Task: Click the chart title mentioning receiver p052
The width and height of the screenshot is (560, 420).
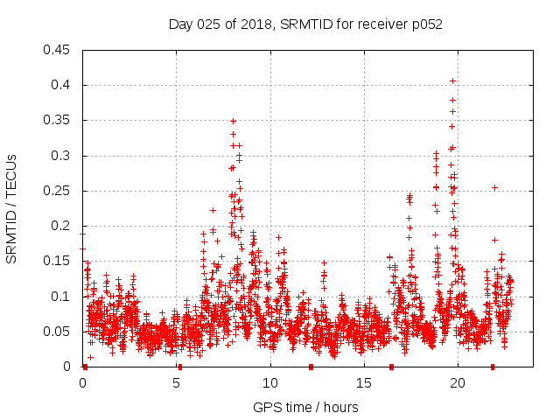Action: coord(305,24)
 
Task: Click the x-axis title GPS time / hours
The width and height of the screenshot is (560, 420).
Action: coord(305,407)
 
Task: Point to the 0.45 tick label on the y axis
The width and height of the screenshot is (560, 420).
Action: coord(59,50)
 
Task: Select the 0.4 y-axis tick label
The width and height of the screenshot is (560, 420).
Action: coord(63,85)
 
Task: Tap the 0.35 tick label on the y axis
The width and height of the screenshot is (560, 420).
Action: coord(59,121)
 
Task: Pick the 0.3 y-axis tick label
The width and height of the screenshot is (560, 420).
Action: coord(63,156)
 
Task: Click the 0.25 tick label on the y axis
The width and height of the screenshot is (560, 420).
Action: coord(59,191)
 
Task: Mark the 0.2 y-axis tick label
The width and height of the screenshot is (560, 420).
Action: coord(63,226)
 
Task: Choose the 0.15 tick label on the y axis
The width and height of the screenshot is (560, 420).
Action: coord(59,262)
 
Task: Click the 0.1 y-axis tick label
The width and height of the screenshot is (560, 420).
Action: coord(63,297)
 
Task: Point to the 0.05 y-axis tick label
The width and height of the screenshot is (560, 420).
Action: coord(59,332)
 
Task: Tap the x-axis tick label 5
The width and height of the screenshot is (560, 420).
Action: coord(177,383)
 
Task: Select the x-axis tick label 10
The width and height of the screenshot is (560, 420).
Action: coord(270,383)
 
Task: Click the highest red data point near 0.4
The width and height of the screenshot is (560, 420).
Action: coord(452,80)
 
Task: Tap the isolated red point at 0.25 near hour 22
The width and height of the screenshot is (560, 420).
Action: coord(495,187)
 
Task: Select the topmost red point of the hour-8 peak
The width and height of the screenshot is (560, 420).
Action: coord(233,121)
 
